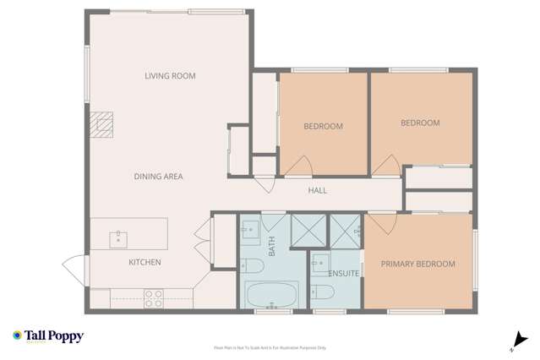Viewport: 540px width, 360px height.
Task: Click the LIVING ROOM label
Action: coord(170,76)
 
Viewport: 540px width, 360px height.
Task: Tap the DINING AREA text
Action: coord(158,177)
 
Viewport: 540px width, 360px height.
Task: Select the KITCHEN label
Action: coord(145,263)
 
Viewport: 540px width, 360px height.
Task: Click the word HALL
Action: coord(317,190)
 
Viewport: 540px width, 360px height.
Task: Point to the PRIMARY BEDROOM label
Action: coord(417,264)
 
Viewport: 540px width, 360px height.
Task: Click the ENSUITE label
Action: coord(344,273)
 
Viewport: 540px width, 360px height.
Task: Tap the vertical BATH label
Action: coord(272,247)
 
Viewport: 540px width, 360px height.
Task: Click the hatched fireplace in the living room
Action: coord(102,125)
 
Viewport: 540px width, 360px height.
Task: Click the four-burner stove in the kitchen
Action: coord(154,297)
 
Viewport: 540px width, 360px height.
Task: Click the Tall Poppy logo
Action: coord(47,336)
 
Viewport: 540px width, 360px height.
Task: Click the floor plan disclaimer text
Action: coord(270,347)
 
